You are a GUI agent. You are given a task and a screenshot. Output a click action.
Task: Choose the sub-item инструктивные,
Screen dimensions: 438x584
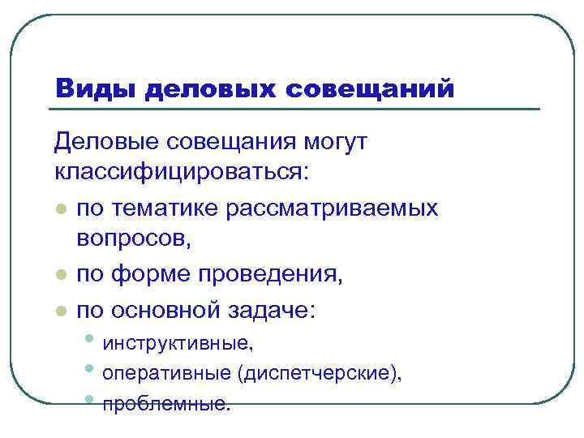click(x=179, y=343)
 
